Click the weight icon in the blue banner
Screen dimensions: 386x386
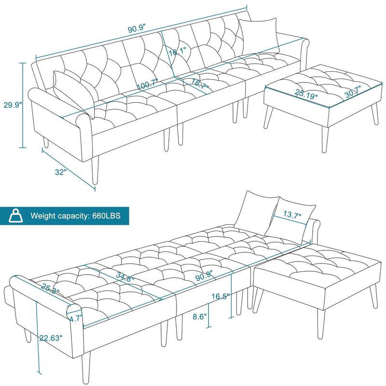[x=17, y=215]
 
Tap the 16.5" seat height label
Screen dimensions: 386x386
[x=220, y=296]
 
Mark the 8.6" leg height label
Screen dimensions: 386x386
[x=198, y=317]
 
